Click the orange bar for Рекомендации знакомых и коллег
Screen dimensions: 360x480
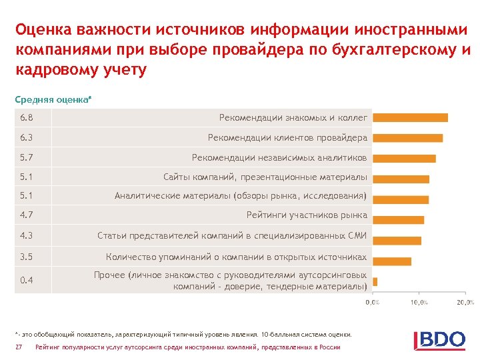(410, 117)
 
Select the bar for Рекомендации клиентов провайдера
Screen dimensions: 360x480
(407, 138)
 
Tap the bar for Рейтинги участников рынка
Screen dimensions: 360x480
(398, 220)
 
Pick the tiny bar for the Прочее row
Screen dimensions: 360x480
(375, 281)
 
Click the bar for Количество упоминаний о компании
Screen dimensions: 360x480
(392, 261)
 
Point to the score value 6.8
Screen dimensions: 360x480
(27, 117)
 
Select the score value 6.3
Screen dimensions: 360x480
(27, 138)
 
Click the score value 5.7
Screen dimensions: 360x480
(27, 158)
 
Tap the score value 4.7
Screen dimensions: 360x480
(27, 215)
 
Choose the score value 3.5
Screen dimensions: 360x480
(27, 257)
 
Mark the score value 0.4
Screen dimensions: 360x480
(27, 280)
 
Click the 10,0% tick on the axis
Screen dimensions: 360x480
(419, 302)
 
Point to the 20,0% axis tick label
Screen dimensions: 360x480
(465, 302)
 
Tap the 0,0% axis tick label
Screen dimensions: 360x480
(372, 302)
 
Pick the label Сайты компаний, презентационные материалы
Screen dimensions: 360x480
(265, 177)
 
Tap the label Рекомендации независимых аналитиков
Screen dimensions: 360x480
(279, 158)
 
